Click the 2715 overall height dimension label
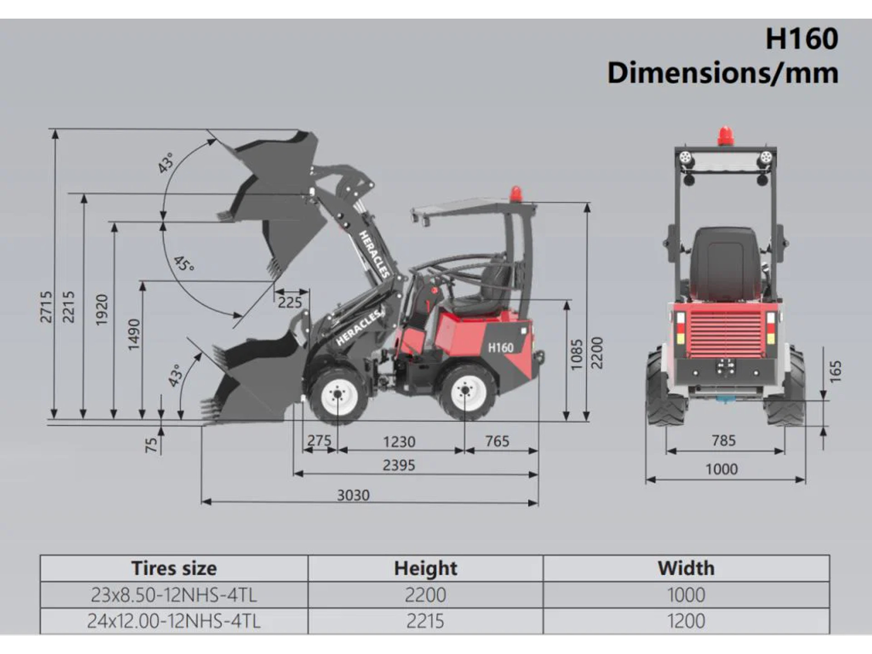(46, 307)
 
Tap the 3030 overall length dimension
(353, 495)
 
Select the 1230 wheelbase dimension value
(399, 441)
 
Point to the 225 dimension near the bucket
(290, 302)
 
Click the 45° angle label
(184, 264)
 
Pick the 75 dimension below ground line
(151, 445)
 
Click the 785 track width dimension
(724, 440)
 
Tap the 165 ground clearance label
(835, 372)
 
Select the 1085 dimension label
(576, 354)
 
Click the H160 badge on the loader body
(500, 348)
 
